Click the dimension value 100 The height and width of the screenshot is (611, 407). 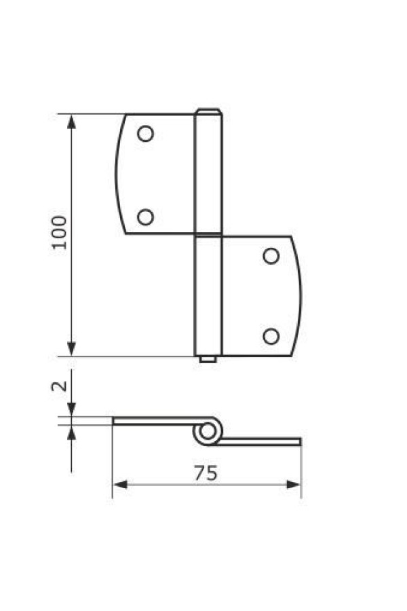59,233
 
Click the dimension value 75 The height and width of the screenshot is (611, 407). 206,473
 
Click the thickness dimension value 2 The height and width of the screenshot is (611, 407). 59,386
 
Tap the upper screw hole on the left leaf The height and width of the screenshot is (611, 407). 146,134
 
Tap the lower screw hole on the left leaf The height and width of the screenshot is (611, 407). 146,217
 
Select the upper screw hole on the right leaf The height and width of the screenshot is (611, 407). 271,256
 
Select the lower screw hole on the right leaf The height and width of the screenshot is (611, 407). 271,336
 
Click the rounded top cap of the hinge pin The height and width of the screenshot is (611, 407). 208,112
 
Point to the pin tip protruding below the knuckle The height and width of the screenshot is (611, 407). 208,359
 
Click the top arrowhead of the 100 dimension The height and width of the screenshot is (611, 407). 71,122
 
